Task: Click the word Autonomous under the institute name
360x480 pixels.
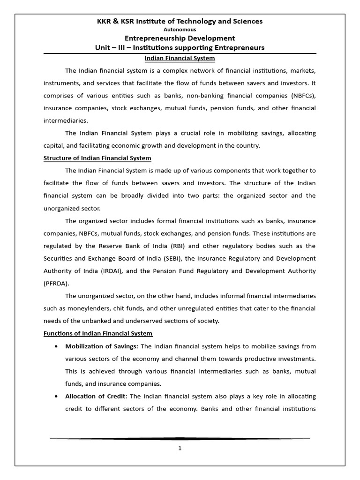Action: (x=180, y=30)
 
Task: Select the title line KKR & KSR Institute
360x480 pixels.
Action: (x=180, y=21)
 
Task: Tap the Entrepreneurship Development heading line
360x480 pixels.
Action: (x=180, y=38)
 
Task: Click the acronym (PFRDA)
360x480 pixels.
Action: (x=57, y=283)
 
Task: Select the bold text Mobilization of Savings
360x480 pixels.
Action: (x=102, y=346)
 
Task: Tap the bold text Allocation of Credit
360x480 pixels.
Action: (x=96, y=396)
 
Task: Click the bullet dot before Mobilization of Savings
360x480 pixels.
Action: (x=57, y=346)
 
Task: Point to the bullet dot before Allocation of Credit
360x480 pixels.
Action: (x=57, y=397)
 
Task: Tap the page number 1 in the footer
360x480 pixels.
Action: (x=180, y=448)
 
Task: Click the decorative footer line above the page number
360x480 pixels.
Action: (x=180, y=439)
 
